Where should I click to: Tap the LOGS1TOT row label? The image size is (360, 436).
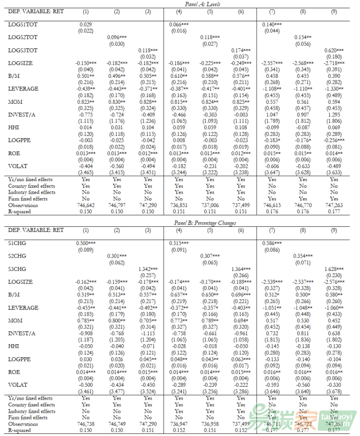(x=23, y=24)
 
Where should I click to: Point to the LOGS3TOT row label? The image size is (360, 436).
(x=23, y=50)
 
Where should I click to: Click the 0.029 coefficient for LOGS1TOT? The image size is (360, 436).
(x=86, y=24)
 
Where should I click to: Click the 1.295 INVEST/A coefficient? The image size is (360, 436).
(x=334, y=115)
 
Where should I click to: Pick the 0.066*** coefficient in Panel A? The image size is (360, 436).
(x=179, y=24)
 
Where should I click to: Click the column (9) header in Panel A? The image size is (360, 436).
(x=334, y=11)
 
